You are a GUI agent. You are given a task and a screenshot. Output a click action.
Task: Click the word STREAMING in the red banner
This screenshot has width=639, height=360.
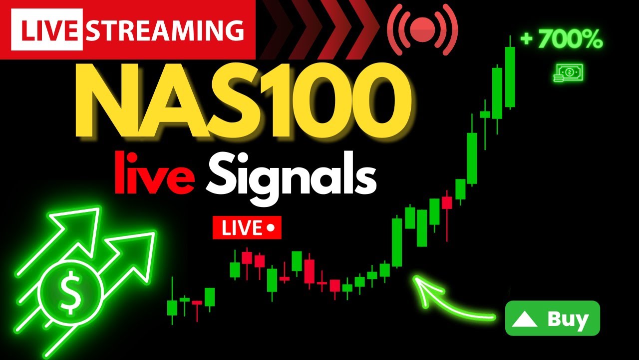click(165, 30)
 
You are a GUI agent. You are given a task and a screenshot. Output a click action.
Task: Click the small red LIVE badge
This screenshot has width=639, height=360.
click(247, 228)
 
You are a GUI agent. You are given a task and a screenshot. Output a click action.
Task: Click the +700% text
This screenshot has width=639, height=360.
click(562, 40)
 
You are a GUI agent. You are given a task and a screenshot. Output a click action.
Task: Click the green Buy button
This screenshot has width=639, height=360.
click(552, 318)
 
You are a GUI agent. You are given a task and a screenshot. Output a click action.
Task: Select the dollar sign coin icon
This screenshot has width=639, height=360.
click(70, 293)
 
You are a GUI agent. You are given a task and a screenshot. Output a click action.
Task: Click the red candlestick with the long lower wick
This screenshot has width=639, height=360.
click(447, 202)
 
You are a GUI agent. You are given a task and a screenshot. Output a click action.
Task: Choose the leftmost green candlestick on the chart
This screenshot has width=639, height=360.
click(172, 307)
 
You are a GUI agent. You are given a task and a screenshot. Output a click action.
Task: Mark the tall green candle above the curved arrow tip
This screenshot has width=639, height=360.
click(397, 242)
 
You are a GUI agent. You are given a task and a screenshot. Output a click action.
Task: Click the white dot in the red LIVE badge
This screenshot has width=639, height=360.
click(271, 228)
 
